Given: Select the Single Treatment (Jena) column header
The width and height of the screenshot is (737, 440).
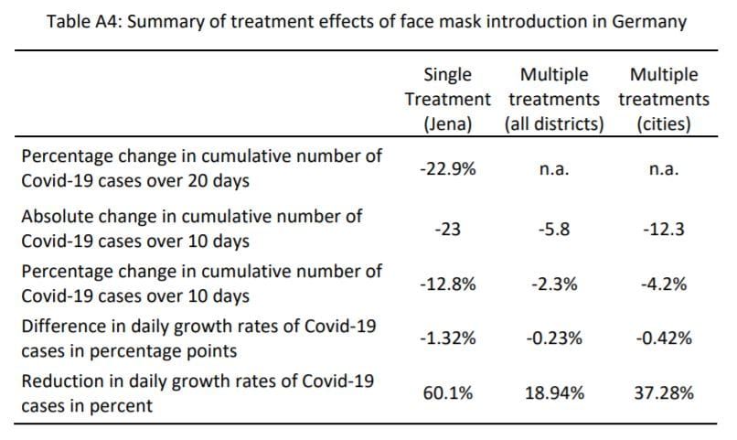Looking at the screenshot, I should (x=447, y=99).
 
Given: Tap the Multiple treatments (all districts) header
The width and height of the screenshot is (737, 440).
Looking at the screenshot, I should (x=554, y=99).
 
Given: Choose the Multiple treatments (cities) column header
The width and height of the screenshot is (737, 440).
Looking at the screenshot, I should (x=664, y=99).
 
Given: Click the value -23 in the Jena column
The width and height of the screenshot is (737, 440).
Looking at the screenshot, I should (x=447, y=230).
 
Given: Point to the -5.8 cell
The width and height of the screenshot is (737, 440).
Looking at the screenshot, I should (x=554, y=230).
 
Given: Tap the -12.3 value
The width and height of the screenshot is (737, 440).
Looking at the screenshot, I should (x=664, y=230).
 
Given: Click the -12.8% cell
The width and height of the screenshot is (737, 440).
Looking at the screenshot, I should (x=447, y=284).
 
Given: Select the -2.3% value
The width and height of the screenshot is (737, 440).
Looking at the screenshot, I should (x=554, y=284).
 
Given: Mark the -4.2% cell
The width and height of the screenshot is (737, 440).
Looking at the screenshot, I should (x=664, y=284).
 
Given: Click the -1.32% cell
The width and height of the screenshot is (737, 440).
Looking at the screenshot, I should (x=447, y=338).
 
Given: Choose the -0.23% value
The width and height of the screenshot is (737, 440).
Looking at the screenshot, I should (x=554, y=338).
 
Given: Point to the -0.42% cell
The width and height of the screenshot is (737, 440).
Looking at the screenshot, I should (x=664, y=338).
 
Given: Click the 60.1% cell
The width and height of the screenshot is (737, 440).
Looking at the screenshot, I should (x=447, y=393).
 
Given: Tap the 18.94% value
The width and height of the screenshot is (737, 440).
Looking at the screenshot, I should (x=554, y=393).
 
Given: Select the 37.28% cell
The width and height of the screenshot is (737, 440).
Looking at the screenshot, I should (x=664, y=393).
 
